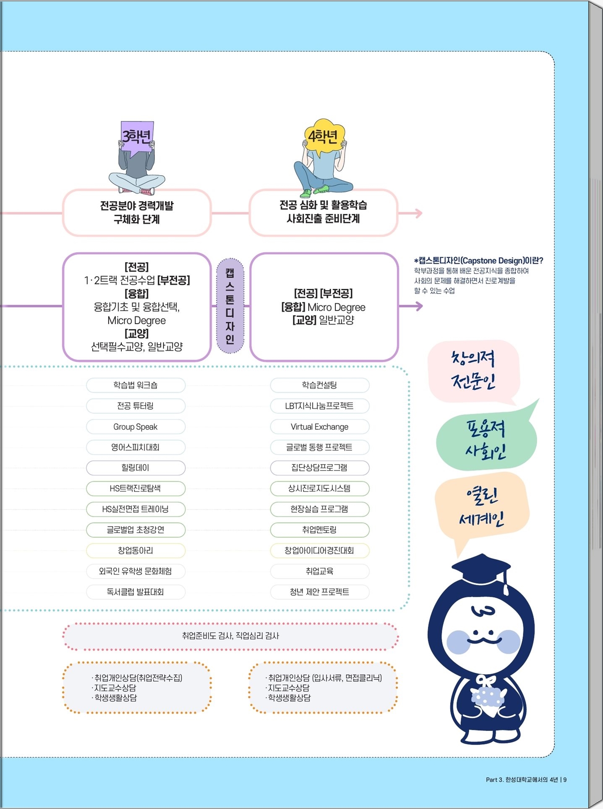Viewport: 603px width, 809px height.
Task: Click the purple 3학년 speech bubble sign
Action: (x=137, y=137)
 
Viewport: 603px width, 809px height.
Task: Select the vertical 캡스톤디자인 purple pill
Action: (x=230, y=306)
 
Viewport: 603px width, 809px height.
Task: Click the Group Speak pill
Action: (x=136, y=427)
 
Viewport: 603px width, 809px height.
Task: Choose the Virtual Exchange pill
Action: (x=320, y=427)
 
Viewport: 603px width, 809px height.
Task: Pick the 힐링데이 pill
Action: (x=136, y=468)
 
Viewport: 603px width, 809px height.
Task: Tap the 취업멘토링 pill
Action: (x=320, y=530)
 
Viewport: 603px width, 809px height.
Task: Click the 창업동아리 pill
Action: (x=136, y=550)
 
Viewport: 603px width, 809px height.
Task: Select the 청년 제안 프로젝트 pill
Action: (x=320, y=592)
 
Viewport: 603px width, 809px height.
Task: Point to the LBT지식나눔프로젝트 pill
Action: (x=320, y=406)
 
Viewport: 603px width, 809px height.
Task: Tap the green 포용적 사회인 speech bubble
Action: (x=486, y=439)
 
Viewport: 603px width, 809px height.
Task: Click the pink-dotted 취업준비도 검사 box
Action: (x=230, y=636)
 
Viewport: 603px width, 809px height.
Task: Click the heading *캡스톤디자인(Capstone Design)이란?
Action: (x=479, y=261)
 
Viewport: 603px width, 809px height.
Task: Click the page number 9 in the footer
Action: (x=565, y=780)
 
